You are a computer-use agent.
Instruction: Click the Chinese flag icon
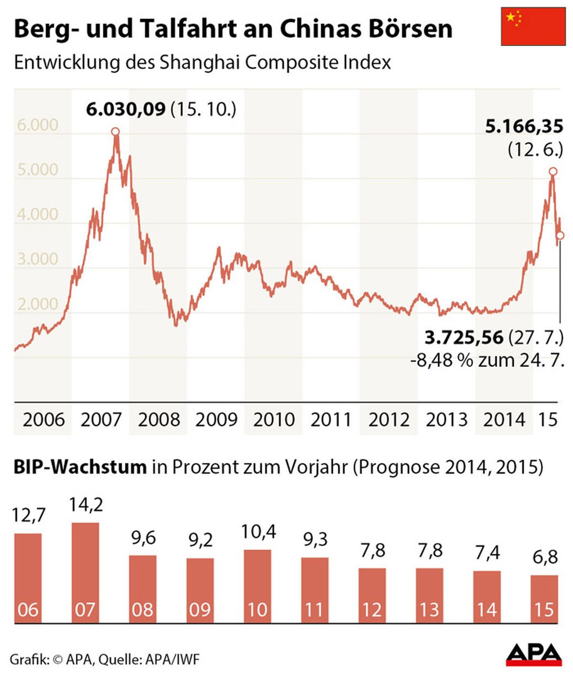click(533, 26)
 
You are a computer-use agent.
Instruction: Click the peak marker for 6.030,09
click(115, 132)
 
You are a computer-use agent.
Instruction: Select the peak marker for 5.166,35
click(553, 171)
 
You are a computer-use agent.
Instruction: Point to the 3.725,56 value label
click(464, 338)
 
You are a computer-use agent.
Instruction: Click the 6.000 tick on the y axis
click(38, 125)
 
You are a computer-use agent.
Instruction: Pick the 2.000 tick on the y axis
click(38, 304)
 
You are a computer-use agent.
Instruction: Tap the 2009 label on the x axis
click(216, 420)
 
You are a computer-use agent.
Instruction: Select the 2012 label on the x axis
click(389, 420)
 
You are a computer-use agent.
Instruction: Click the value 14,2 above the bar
click(86, 505)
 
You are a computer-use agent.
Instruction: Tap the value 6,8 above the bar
click(545, 557)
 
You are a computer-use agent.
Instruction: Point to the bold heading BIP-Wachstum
click(80, 466)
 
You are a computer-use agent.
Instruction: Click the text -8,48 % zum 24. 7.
click(487, 360)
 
